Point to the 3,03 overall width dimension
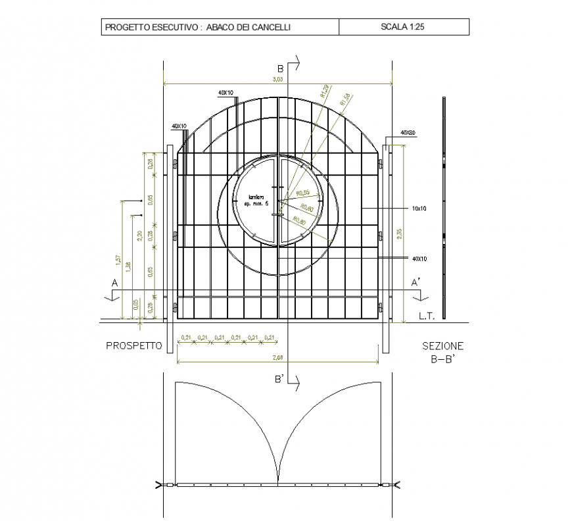click(x=277, y=80)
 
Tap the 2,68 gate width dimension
click(x=277, y=358)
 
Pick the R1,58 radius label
click(x=345, y=99)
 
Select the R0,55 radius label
click(x=303, y=193)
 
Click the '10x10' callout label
click(x=419, y=208)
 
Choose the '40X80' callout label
click(x=408, y=133)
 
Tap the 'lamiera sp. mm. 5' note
click(x=253, y=201)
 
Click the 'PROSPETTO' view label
click(x=133, y=345)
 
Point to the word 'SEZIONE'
click(x=442, y=345)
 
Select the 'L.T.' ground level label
click(x=427, y=316)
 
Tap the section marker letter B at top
click(x=279, y=68)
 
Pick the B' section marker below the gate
click(x=279, y=380)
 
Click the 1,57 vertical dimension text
click(x=118, y=261)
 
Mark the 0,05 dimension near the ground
click(x=136, y=304)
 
